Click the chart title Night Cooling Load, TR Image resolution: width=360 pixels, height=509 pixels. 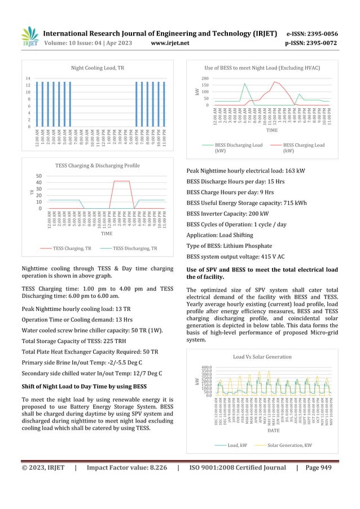point(98,68)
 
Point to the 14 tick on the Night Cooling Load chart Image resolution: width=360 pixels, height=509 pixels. point(28,78)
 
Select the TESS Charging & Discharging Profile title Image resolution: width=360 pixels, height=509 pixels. point(98,165)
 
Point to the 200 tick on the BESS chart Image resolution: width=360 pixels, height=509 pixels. point(205,78)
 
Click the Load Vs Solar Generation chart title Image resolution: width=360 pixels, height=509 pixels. point(262,357)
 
